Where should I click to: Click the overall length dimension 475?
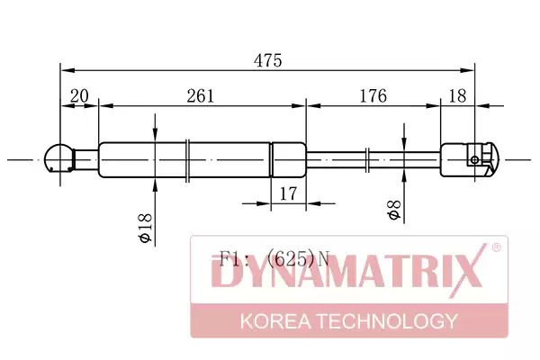pos(268,60)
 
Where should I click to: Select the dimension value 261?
pos(201,95)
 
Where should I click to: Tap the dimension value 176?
pos(373,95)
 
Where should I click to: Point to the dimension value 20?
pos(79,95)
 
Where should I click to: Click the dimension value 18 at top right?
pos(458,95)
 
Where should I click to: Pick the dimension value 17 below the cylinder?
pos(288,194)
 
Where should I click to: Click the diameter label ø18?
pos(146,228)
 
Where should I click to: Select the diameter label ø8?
pos(394,210)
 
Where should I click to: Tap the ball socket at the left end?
pos(59,158)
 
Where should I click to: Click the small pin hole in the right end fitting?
pos(474,160)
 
